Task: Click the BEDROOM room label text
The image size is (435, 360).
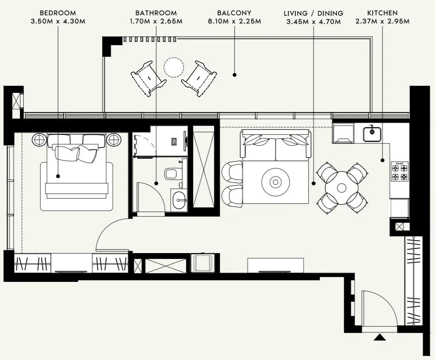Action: click(58, 13)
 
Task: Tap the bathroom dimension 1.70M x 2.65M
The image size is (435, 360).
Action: click(156, 21)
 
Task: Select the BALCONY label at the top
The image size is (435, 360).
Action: click(234, 13)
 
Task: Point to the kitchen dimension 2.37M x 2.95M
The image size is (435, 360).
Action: click(382, 21)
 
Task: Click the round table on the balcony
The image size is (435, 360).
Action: click(173, 67)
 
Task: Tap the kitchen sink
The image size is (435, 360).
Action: click(372, 133)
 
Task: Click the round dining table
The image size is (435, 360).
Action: click(342, 188)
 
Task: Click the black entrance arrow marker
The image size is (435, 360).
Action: click(379, 337)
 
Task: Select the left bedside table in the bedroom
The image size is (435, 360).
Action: click(39, 139)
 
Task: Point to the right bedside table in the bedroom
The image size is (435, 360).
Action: click(114, 139)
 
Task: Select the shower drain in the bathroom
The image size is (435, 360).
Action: click(174, 142)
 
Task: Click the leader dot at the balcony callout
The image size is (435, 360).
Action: click(235, 75)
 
